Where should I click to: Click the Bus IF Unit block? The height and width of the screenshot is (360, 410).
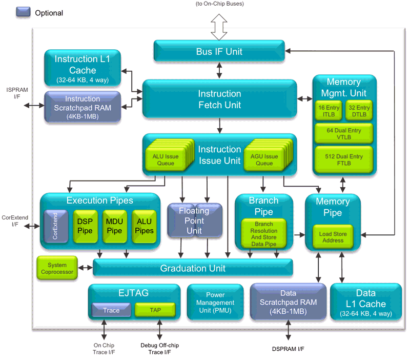tap(219, 51)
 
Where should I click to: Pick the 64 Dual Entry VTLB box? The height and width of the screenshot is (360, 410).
tap(344, 134)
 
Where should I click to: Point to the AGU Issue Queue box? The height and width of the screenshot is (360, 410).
tap(264, 159)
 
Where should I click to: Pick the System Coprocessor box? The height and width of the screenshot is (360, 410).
tap(57, 268)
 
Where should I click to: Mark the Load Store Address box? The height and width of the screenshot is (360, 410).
tap(333, 237)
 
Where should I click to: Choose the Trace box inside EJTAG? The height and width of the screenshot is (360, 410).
tap(111, 310)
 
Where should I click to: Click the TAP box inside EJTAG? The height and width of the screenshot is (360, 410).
tap(155, 310)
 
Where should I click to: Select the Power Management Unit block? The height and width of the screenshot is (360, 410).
tap(215, 302)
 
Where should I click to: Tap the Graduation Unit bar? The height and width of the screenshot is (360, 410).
tap(192, 268)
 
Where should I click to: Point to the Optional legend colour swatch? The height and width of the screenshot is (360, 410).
tap(24, 12)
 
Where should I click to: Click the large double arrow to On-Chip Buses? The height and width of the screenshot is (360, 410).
tap(219, 26)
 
